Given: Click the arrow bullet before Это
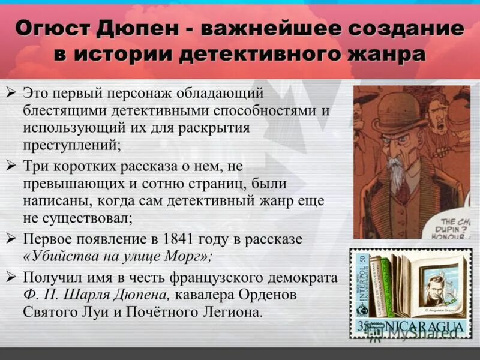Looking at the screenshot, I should (11, 94).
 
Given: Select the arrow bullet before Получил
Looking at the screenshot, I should (11, 277).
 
